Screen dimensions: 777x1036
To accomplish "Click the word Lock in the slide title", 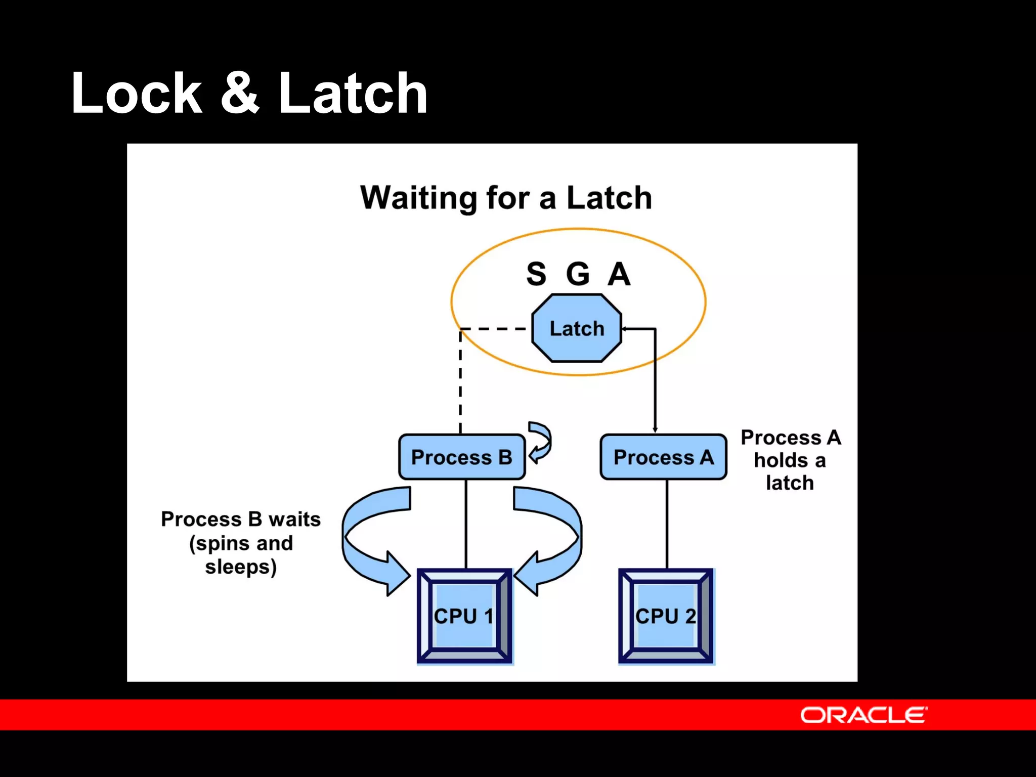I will tap(137, 94).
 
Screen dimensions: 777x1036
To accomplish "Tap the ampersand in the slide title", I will tap(240, 94).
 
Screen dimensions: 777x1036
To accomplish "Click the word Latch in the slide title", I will tap(353, 94).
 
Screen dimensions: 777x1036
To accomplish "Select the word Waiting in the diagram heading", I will tap(418, 198).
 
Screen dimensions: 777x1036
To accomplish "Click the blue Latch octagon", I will tap(577, 329).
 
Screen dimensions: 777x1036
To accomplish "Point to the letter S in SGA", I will tap(536, 274).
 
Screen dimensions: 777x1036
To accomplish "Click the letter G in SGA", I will tap(578, 274).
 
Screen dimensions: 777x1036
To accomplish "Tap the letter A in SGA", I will tap(619, 274).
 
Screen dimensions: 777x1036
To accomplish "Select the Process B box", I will tap(461, 457).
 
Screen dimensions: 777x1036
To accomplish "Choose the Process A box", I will tap(663, 457).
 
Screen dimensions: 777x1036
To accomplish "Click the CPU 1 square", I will tap(464, 616).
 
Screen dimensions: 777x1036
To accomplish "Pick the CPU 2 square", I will tap(666, 616).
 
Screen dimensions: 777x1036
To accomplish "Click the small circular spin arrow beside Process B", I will tap(541, 442).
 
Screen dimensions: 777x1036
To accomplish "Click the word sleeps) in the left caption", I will tap(241, 567).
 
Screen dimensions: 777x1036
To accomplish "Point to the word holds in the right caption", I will tap(781, 461).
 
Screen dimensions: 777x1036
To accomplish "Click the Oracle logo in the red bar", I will tap(864, 715).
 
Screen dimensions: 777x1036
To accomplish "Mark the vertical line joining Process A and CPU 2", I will tap(667, 524).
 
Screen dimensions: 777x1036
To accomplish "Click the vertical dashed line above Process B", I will tap(460, 384).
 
